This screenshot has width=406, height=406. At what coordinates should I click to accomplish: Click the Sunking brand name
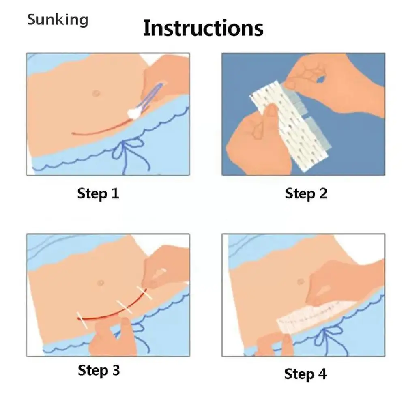[58, 20]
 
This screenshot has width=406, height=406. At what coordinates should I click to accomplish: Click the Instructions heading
[203, 28]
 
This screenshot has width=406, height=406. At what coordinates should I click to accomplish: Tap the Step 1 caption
[98, 193]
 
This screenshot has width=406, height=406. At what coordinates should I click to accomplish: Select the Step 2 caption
[306, 193]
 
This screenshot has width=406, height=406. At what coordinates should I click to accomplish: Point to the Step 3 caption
[99, 370]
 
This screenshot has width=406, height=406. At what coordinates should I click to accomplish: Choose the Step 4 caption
[305, 374]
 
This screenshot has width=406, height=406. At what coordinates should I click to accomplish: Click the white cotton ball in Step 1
[134, 113]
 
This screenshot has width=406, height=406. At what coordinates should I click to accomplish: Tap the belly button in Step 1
[96, 93]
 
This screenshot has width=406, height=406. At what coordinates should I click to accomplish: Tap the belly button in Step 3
[101, 282]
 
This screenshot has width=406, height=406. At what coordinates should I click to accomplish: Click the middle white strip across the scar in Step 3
[125, 307]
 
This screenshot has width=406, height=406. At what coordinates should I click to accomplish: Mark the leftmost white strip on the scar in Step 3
[82, 320]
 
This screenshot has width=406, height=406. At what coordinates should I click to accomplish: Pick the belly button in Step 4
[301, 281]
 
